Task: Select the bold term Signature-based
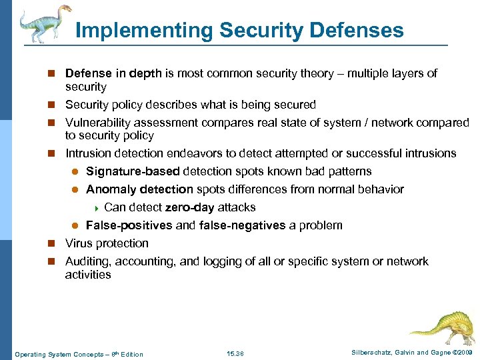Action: pyautogui.click(x=133, y=171)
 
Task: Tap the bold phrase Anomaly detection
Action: pyautogui.click(x=139, y=189)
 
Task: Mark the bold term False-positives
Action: pyautogui.click(x=129, y=225)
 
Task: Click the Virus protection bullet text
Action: pyautogui.click(x=107, y=243)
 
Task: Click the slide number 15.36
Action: pyautogui.click(x=235, y=353)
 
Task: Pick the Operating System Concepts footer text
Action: pyautogui.click(x=79, y=353)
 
